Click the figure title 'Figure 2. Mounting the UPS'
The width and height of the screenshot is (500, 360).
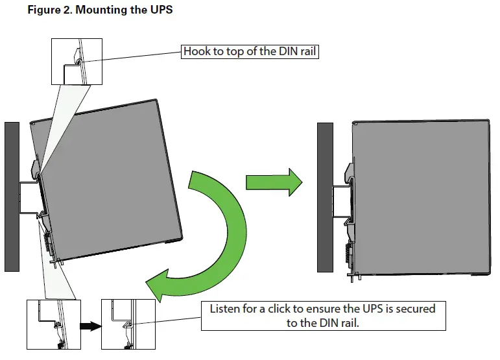click(101, 12)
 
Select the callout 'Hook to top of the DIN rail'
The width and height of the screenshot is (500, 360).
click(250, 52)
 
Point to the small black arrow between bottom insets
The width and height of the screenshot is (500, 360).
click(91, 326)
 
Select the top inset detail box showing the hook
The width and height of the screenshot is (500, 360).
click(77, 61)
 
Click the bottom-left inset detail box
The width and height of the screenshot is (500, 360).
click(53, 324)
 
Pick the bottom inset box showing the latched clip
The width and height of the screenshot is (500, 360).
click(128, 324)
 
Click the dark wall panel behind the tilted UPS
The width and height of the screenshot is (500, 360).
click(12, 195)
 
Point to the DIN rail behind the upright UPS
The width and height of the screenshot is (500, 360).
click(341, 201)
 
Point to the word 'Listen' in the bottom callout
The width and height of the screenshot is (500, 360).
click(226, 309)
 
